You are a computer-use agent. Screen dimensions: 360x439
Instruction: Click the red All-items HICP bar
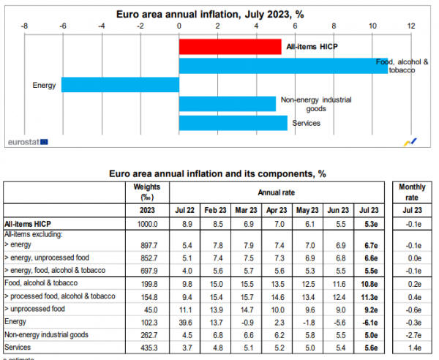[x=230, y=47]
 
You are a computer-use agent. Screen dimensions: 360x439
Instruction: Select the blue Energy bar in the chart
[x=120, y=85]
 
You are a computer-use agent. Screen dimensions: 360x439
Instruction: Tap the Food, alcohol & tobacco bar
[x=283, y=66]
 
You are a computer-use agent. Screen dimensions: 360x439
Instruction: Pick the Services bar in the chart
[x=233, y=123]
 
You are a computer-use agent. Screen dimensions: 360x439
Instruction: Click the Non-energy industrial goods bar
[x=227, y=103]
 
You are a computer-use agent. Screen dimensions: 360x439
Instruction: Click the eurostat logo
[x=27, y=139]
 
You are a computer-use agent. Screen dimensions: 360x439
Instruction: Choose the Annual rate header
[x=278, y=192]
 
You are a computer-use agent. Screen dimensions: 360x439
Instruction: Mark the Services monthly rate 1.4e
[x=412, y=345]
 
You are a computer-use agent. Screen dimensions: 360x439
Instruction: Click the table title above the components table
[x=216, y=174]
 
